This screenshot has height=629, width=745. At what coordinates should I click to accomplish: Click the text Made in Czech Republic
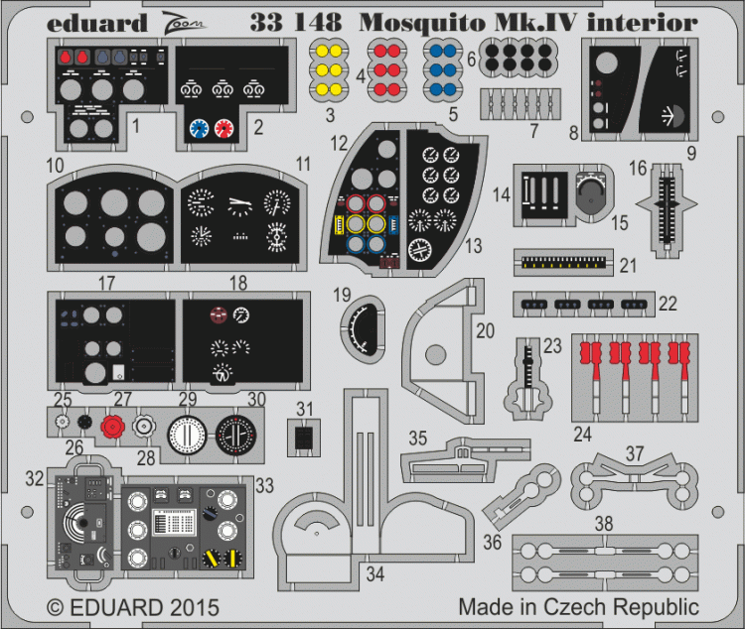click(578, 606)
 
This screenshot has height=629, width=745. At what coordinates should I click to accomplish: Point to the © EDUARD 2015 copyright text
click(132, 606)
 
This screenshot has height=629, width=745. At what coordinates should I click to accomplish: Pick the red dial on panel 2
click(224, 127)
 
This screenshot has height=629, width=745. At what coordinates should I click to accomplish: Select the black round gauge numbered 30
click(235, 436)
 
